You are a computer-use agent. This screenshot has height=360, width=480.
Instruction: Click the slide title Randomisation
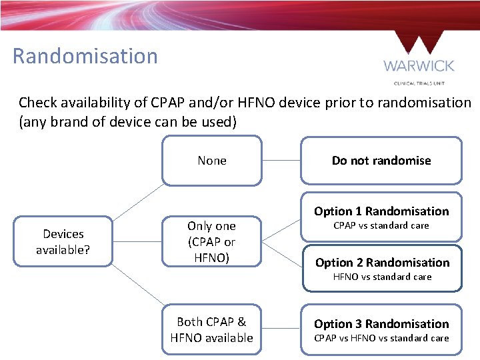coord(85,56)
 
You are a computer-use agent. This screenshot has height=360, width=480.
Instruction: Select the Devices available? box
coord(63,241)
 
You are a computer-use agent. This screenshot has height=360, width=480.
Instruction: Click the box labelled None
coord(212,161)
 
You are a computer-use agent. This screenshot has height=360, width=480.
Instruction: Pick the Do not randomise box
coord(381,161)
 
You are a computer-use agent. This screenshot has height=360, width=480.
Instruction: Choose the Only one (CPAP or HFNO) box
coord(212,241)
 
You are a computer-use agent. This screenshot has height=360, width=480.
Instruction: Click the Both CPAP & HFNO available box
coord(212,329)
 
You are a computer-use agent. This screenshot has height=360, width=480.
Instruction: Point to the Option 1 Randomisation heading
coord(381,211)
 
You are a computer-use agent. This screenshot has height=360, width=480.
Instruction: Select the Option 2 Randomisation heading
coord(382,263)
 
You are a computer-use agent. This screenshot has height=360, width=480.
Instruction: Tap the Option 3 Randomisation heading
coord(381,324)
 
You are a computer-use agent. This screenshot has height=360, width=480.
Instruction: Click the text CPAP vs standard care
coord(381,225)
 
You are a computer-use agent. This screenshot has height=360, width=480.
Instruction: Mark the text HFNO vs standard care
coord(382,277)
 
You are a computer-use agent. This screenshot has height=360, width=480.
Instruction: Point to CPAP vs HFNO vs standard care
coord(381,338)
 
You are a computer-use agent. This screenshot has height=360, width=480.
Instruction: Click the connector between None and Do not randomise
coord(281,161)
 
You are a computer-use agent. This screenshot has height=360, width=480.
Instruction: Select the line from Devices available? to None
coord(138,202)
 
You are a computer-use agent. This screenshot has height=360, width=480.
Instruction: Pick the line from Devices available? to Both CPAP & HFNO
coord(138,288)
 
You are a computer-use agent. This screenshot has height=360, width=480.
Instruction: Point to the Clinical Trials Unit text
coord(419,83)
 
